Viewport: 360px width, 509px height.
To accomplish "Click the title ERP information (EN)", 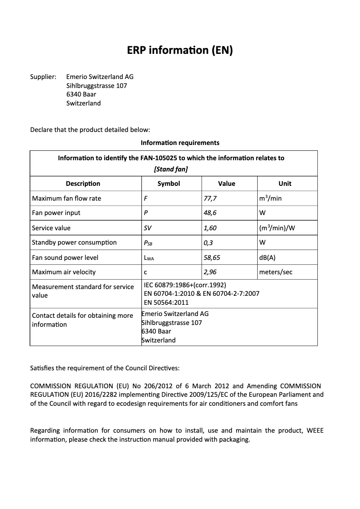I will click(x=180, y=50).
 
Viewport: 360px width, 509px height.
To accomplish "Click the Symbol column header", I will click(x=169, y=184).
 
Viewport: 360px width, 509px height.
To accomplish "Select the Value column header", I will click(x=227, y=184).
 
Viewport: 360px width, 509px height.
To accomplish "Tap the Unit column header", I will click(x=285, y=184).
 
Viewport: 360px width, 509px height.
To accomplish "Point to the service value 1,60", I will click(x=210, y=228).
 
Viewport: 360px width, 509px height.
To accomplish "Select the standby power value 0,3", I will click(x=208, y=242).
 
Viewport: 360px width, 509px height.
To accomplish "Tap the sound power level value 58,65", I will click(x=212, y=258).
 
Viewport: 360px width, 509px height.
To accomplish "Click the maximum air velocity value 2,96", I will click(x=210, y=272).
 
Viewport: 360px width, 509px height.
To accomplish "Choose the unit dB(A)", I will click(x=268, y=258).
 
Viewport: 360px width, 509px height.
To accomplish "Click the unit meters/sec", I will click(x=276, y=272).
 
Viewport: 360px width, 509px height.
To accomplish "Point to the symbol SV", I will click(x=147, y=228).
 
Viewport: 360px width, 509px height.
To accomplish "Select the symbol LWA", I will click(x=149, y=258).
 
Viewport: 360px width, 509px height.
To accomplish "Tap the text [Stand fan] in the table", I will click(x=171, y=169).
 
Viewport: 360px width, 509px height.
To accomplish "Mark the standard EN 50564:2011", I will click(x=166, y=302).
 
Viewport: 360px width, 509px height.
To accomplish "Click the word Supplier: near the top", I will click(x=43, y=77).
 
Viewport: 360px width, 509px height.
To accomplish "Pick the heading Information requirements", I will click(x=180, y=143).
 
